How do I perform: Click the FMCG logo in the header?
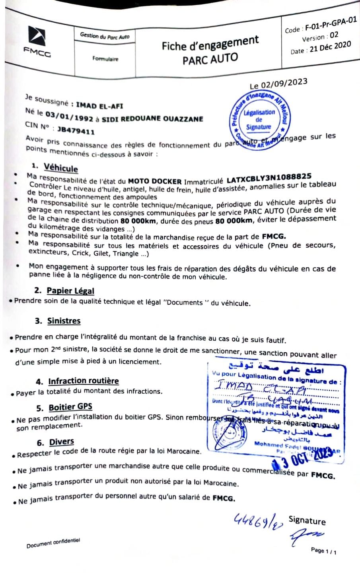tap(37, 42)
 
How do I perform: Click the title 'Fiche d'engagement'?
tap(210, 43)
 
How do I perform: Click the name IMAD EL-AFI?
tap(99, 105)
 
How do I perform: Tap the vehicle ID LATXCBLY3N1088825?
tap(269, 177)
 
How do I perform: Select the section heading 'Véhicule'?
tap(61, 168)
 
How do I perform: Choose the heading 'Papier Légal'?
tap(70, 291)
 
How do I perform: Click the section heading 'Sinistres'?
tap(64, 320)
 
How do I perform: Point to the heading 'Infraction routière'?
tap(84, 381)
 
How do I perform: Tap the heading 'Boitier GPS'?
tap(70, 407)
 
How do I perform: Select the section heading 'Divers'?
tap(62, 442)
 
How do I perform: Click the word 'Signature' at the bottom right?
tap(307, 520)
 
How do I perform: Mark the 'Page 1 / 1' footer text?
tap(324, 551)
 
